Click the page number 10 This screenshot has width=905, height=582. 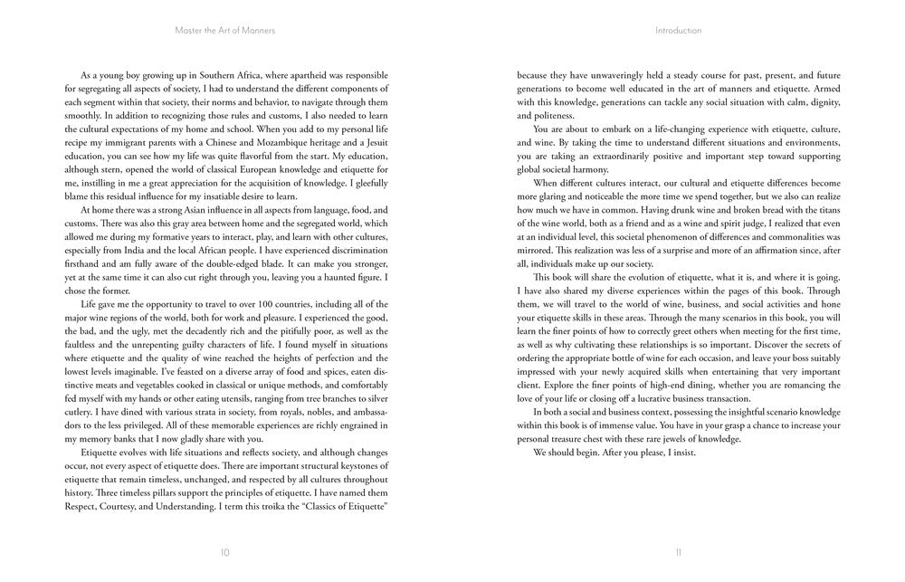pyautogui.click(x=224, y=551)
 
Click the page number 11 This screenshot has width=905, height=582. pyautogui.click(x=677, y=551)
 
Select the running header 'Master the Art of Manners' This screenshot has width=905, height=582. pyautogui.click(x=224, y=30)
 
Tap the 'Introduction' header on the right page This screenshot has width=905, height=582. pyautogui.click(x=678, y=30)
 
